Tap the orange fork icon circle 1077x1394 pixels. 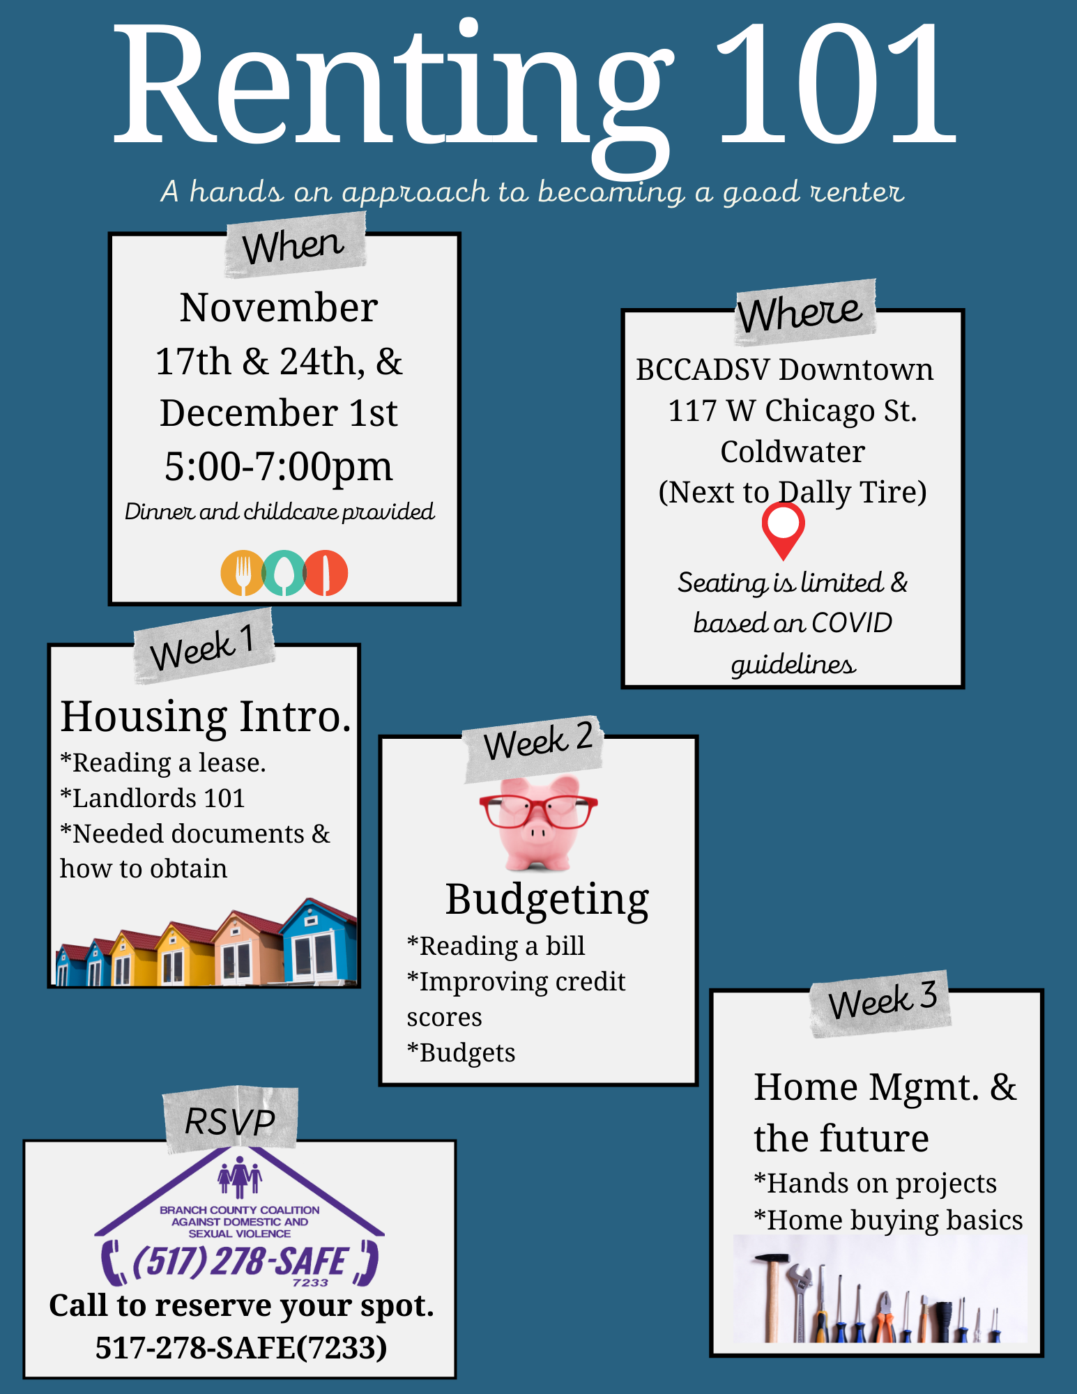[x=242, y=573]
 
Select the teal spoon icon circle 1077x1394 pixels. [x=284, y=573]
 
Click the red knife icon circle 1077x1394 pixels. [x=326, y=573]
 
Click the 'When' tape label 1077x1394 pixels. [x=295, y=245]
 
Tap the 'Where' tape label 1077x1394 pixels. [x=805, y=312]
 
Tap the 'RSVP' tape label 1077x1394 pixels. [x=231, y=1121]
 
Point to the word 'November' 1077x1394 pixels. [x=279, y=307]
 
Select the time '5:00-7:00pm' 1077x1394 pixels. [x=279, y=467]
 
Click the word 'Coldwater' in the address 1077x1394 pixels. [x=793, y=452]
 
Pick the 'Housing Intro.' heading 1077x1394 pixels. [x=206, y=717]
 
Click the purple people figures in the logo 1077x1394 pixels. [x=239, y=1177]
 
